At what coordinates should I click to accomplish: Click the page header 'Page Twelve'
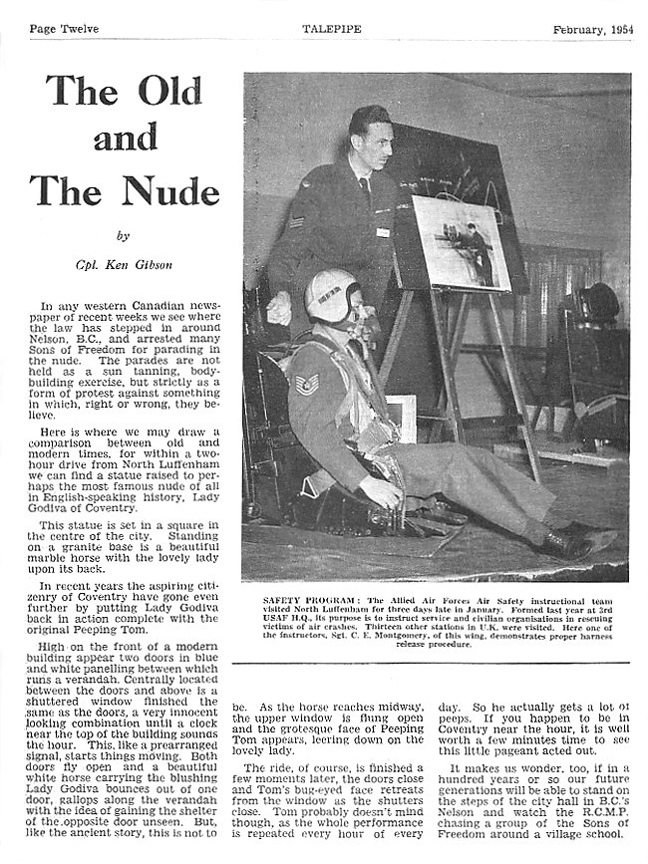(64, 29)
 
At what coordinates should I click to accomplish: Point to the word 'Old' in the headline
(170, 92)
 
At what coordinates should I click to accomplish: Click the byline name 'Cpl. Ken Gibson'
(124, 264)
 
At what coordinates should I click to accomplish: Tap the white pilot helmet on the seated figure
(333, 295)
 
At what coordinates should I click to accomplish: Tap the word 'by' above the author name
(124, 236)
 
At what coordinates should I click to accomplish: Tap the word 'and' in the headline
(124, 140)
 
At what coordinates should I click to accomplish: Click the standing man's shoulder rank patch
(297, 219)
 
